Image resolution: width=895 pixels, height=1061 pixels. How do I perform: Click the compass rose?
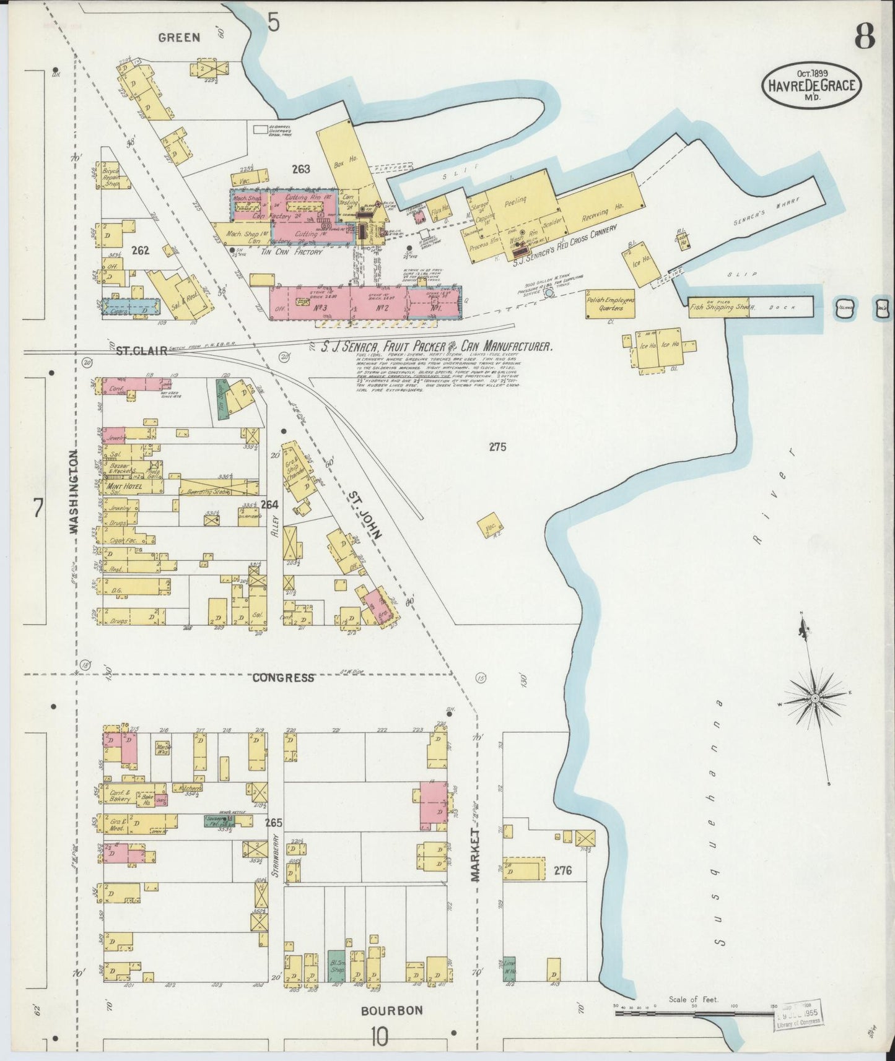click(x=815, y=698)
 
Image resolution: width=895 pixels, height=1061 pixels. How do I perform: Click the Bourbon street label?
click(x=392, y=1010)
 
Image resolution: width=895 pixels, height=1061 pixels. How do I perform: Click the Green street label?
click(x=179, y=37)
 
